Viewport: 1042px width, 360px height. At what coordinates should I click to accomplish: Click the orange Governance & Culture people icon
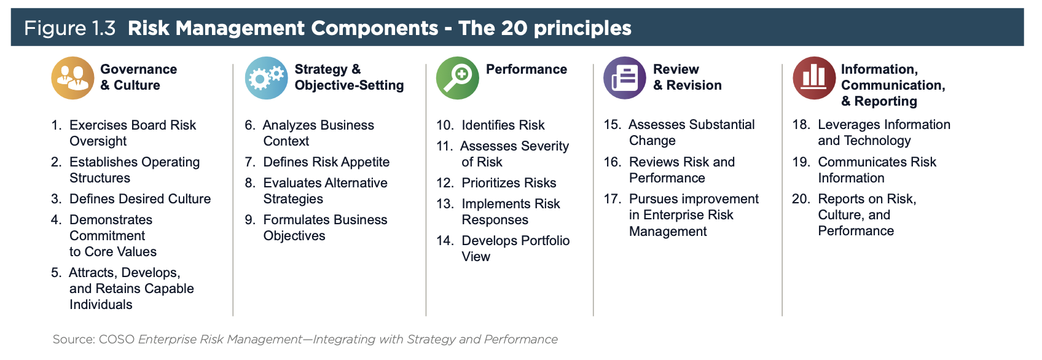point(72,78)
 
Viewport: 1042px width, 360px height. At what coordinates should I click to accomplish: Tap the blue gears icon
point(267,78)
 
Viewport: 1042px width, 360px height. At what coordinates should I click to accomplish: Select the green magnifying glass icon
point(458,78)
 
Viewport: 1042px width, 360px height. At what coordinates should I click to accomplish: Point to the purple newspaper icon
point(625,78)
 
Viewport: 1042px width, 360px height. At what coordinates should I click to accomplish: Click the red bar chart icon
point(814,78)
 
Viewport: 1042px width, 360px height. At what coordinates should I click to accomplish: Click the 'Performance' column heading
point(527,69)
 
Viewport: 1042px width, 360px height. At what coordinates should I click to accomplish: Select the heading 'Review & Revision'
point(687,77)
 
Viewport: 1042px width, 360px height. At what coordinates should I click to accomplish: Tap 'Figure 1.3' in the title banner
point(70,28)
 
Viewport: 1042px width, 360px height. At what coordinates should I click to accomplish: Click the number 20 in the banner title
point(514,28)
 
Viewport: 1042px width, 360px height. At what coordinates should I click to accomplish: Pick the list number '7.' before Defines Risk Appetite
point(250,162)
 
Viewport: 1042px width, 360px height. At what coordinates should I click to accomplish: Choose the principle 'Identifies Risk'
point(503,125)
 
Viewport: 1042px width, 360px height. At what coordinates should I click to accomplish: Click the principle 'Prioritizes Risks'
point(509,183)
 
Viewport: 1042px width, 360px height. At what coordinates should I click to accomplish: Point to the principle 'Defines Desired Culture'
point(140,198)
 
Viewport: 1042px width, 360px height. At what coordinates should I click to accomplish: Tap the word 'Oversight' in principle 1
point(98,141)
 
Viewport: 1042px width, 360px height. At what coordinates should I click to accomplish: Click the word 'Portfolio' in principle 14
point(542,240)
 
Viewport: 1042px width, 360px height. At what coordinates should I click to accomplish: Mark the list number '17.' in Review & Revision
point(613,198)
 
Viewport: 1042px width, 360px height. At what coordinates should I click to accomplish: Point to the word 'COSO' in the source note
point(116,340)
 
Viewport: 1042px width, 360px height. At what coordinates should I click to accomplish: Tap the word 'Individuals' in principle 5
point(101,305)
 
